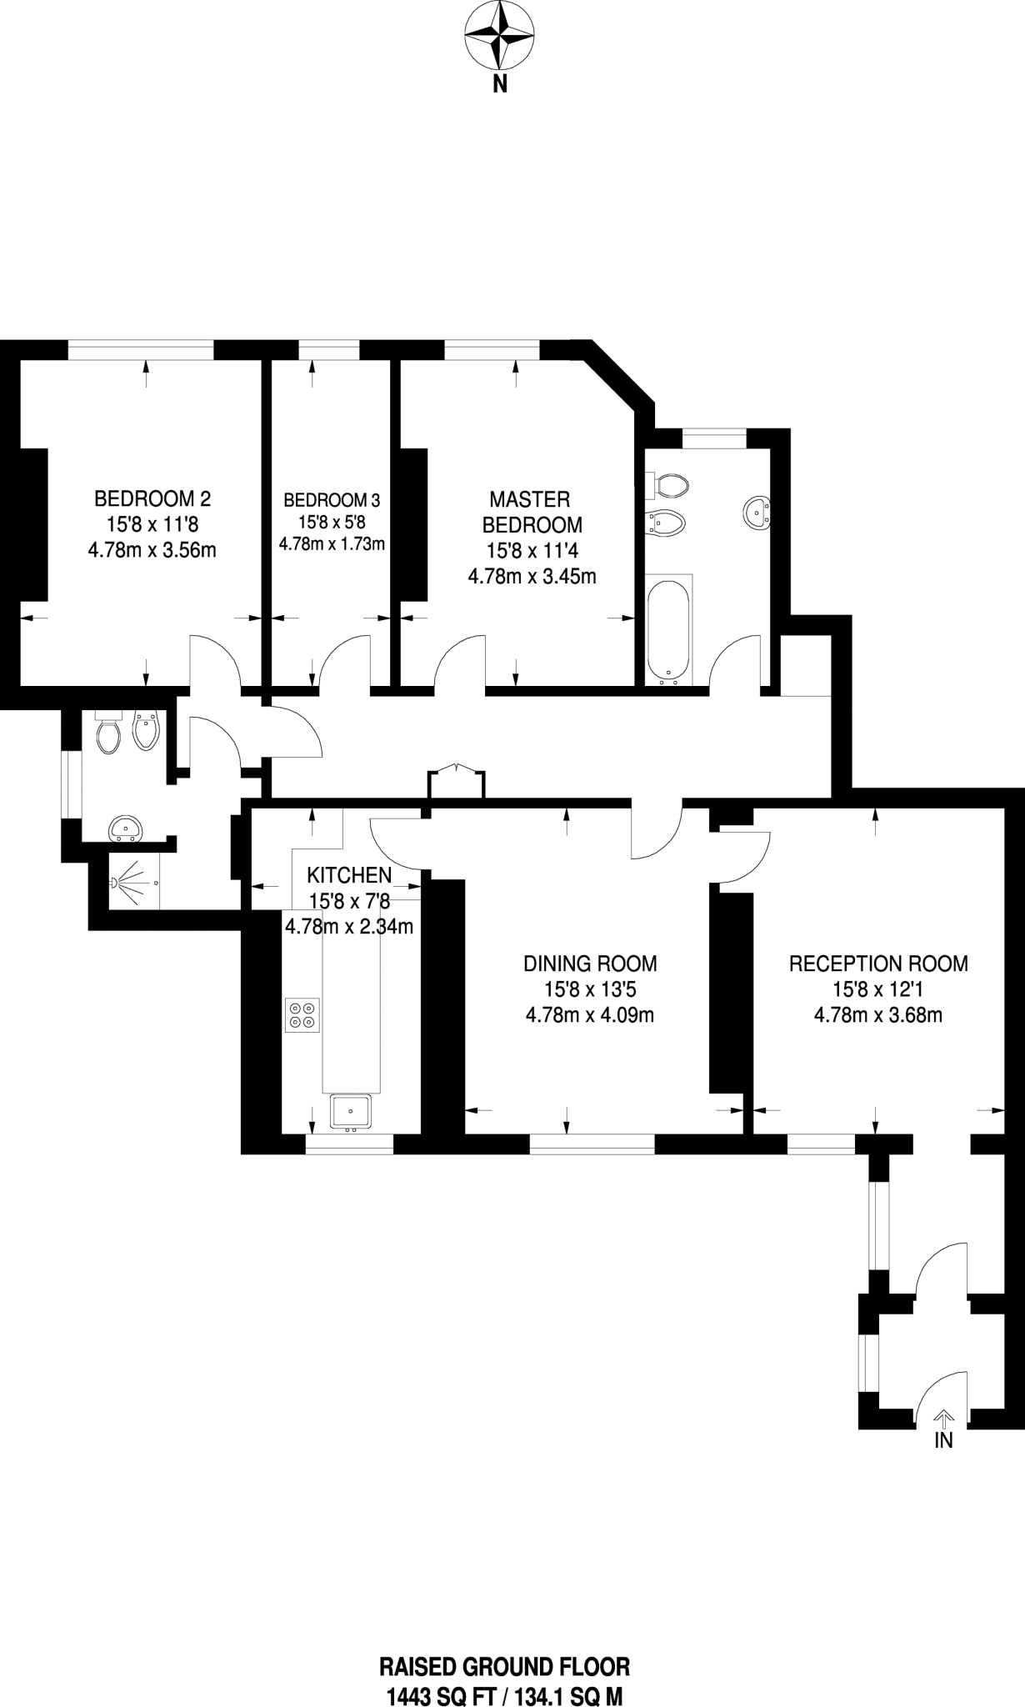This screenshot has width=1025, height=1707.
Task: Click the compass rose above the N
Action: coord(499,36)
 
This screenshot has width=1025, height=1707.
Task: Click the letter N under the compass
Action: coord(499,84)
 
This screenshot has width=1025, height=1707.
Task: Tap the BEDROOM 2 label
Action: coord(152,499)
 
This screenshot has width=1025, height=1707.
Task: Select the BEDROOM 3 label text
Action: coord(332,500)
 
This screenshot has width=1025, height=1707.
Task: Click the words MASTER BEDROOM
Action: coord(532,512)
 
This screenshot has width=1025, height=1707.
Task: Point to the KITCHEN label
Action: coord(349,875)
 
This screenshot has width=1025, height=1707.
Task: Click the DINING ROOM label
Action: coord(590,964)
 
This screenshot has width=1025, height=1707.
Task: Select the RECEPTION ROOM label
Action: coord(878,964)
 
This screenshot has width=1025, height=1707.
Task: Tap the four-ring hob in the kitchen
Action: coord(302,1014)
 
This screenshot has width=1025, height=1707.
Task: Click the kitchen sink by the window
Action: coord(352,1112)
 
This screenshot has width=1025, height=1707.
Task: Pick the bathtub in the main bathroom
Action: coord(668,627)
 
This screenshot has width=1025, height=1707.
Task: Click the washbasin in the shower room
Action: coord(126,828)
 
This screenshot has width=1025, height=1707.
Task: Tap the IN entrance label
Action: coord(943,1440)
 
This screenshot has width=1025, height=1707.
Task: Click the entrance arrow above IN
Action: coord(943,1416)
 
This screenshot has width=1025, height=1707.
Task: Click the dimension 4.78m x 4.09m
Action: coord(590,1015)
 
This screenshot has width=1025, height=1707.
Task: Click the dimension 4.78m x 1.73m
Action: coord(332,544)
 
